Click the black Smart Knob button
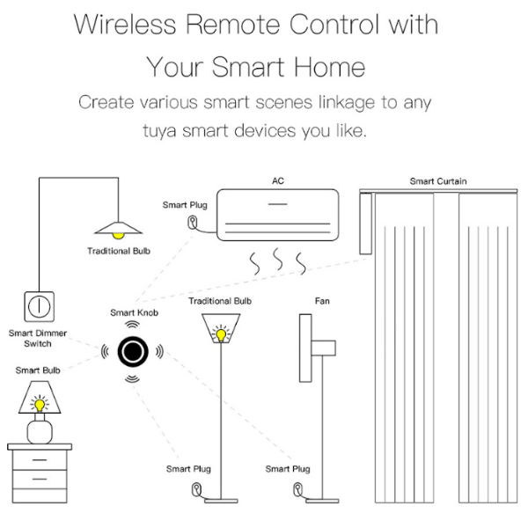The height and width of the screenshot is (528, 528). (132, 348)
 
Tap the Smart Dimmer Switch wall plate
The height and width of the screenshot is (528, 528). (38, 304)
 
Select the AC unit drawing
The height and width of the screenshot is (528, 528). (276, 215)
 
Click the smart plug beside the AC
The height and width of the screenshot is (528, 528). (193, 224)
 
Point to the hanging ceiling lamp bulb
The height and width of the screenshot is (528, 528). (118, 235)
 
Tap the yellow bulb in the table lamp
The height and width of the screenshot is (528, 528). (39, 404)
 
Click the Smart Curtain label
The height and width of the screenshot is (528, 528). (437, 181)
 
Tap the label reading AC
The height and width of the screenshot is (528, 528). (277, 181)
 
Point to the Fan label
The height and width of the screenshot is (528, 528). (322, 301)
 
